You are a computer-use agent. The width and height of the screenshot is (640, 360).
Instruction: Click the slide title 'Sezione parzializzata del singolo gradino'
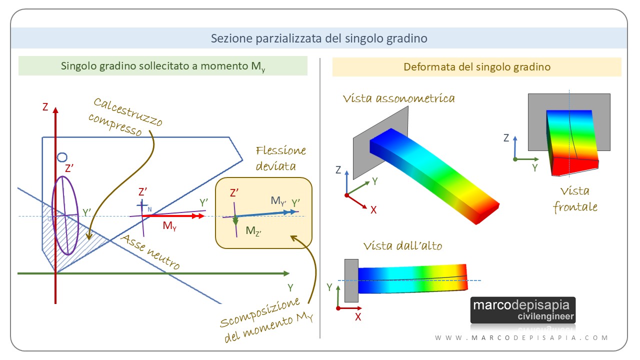tap(319, 38)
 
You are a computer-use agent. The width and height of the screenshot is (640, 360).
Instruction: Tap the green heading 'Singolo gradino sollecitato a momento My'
tap(163, 66)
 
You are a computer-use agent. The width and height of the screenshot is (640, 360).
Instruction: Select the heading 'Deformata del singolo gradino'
tap(476, 66)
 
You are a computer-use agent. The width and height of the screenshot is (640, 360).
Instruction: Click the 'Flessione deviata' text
tap(281, 158)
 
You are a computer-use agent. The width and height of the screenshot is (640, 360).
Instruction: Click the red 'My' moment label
tap(169, 226)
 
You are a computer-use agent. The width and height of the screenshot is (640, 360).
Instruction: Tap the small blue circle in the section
tap(62, 157)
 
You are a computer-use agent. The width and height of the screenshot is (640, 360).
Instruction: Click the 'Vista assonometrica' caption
tap(398, 98)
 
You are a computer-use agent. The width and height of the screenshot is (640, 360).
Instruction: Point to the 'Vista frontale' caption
tap(574, 199)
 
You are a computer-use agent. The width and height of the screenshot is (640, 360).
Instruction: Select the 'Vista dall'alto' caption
tap(402, 245)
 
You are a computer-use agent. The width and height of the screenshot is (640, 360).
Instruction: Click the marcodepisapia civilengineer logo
tap(523, 310)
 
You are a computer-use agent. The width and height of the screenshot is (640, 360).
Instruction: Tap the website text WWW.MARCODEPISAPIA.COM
tap(521, 338)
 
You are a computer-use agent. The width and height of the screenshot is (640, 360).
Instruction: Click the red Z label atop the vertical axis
tap(45, 107)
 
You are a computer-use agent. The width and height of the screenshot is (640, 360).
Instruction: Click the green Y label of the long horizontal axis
tap(290, 287)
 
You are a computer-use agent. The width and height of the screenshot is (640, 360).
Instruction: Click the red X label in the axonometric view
tap(373, 209)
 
